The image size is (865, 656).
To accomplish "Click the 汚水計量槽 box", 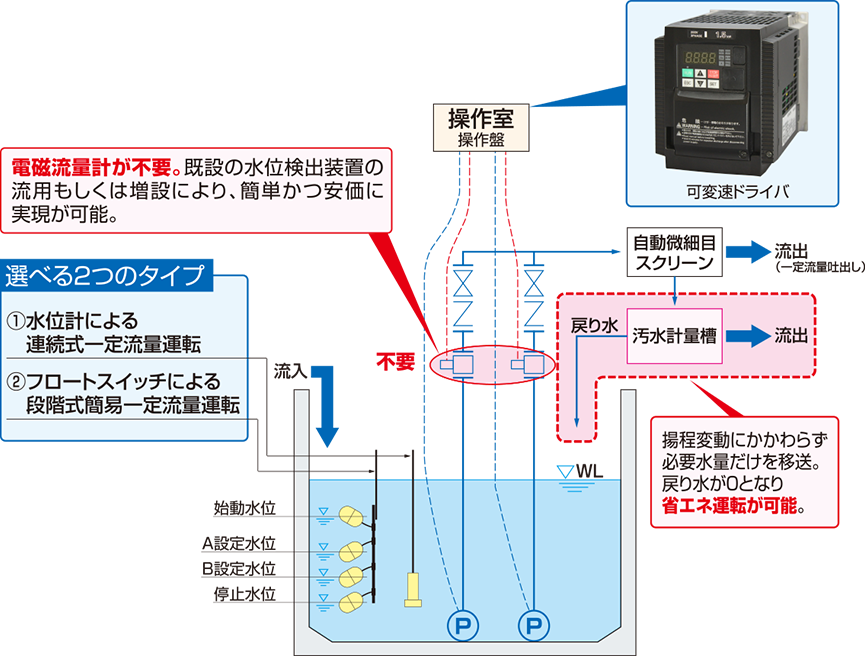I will pos(677,337).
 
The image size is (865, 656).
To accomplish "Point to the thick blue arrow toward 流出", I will pos(746,337).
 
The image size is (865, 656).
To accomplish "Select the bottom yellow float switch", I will pos(353,602).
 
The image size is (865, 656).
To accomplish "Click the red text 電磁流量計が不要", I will pos(94,164).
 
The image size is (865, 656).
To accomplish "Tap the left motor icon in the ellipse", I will pos(463,365).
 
